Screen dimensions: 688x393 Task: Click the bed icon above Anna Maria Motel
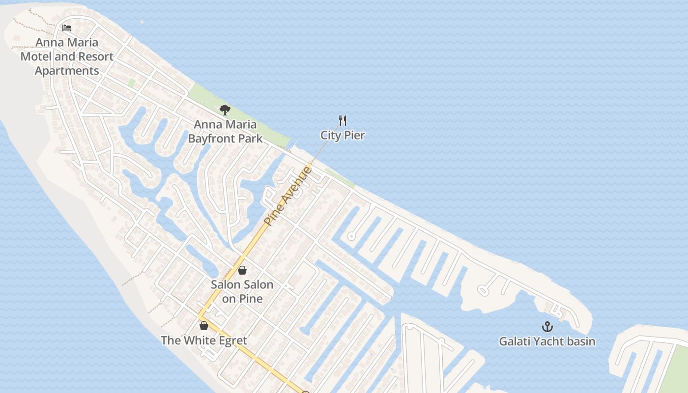pyautogui.click(x=67, y=28)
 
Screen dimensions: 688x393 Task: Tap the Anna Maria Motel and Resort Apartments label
pyautogui.click(x=67, y=56)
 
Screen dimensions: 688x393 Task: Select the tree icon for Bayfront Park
pyautogui.click(x=225, y=110)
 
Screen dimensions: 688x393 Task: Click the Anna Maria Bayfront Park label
pyautogui.click(x=225, y=131)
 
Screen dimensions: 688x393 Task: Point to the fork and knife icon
pyautogui.click(x=343, y=120)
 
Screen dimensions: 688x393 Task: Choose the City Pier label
pyautogui.click(x=343, y=136)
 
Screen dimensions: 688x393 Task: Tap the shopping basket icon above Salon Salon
pyautogui.click(x=242, y=270)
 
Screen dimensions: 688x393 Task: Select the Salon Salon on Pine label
pyautogui.click(x=242, y=291)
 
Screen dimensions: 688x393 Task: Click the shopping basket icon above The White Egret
pyautogui.click(x=204, y=325)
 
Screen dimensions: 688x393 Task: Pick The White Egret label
pyautogui.click(x=204, y=340)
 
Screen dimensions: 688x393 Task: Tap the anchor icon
pyautogui.click(x=547, y=327)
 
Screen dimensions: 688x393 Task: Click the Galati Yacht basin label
pyautogui.click(x=547, y=341)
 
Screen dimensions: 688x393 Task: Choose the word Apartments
pyautogui.click(x=67, y=71)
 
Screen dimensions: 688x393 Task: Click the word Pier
pyautogui.click(x=354, y=136)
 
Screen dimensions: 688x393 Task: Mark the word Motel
pyautogui.click(x=36, y=56)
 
